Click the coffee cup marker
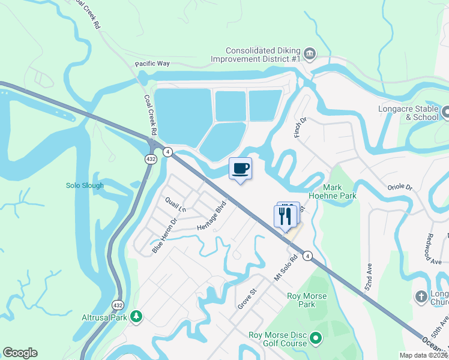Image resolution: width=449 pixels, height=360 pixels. (x=240, y=169)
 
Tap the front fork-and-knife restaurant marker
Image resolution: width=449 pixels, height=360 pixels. (x=285, y=215)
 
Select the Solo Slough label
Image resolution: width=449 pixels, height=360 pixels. (x=85, y=185)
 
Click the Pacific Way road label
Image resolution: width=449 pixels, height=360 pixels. (x=152, y=63)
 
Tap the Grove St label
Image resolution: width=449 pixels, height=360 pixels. (x=247, y=298)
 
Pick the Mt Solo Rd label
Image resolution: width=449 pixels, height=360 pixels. (x=286, y=269)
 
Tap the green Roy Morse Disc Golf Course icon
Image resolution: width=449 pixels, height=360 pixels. (x=316, y=343)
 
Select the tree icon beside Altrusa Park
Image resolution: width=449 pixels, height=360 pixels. (x=137, y=316)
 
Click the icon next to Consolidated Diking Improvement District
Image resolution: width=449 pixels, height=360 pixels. (x=310, y=55)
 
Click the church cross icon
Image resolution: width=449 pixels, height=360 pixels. (x=421, y=297)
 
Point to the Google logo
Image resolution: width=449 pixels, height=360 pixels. (x=20, y=353)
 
